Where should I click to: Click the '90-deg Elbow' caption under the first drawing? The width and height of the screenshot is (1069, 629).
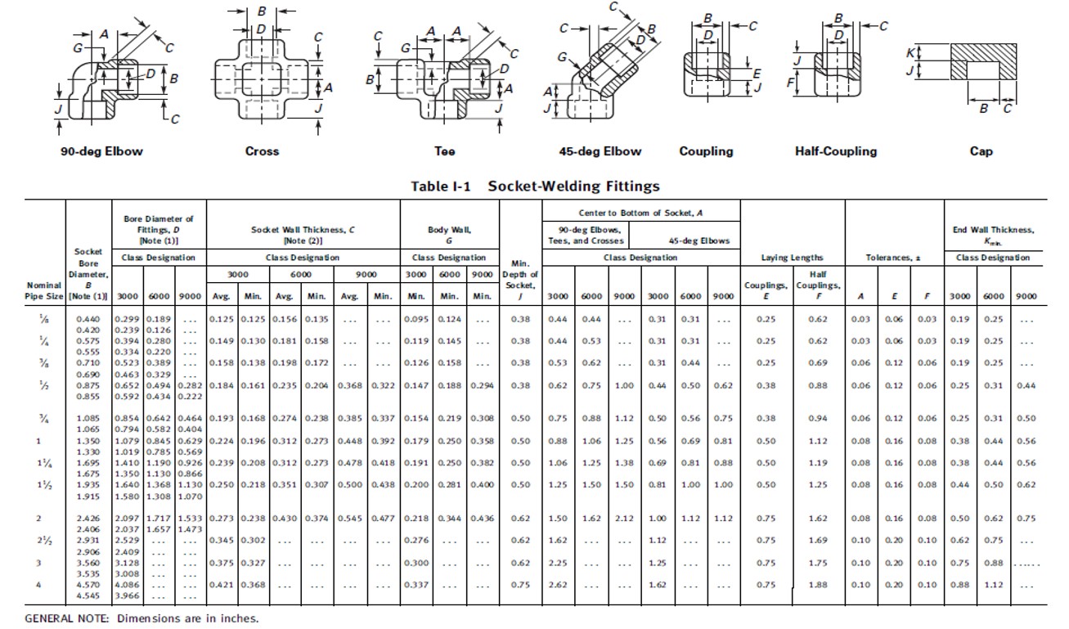click(x=101, y=151)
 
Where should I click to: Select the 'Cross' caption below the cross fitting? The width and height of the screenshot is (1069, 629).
click(x=262, y=151)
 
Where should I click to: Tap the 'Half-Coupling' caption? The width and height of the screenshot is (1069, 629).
click(x=835, y=151)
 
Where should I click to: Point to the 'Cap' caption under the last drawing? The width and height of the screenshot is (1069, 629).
click(x=981, y=151)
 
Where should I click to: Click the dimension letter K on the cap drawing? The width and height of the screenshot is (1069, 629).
click(x=910, y=53)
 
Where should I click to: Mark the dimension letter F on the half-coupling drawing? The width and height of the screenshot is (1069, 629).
click(x=790, y=83)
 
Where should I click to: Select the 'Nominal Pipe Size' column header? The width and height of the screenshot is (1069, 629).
click(x=45, y=290)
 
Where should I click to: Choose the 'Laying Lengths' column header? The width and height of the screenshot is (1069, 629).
click(x=792, y=258)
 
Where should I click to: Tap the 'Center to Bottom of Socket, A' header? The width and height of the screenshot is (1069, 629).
click(x=640, y=213)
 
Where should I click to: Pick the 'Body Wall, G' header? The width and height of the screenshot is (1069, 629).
click(x=449, y=236)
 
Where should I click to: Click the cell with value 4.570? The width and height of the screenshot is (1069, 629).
click(x=88, y=585)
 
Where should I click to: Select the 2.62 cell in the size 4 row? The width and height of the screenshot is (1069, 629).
click(x=557, y=585)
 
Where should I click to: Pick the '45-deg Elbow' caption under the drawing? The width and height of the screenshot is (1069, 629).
click(x=600, y=151)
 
